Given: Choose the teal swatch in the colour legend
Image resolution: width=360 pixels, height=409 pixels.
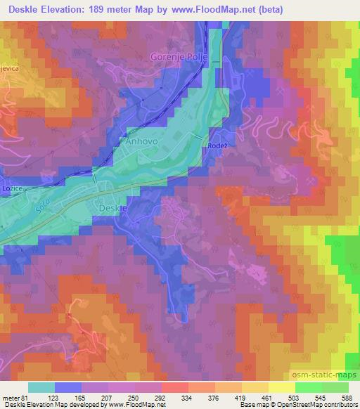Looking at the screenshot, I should pyautogui.click(x=41, y=388).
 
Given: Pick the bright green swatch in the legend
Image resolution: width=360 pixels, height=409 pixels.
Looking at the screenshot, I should pyautogui.click(x=307, y=388).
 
